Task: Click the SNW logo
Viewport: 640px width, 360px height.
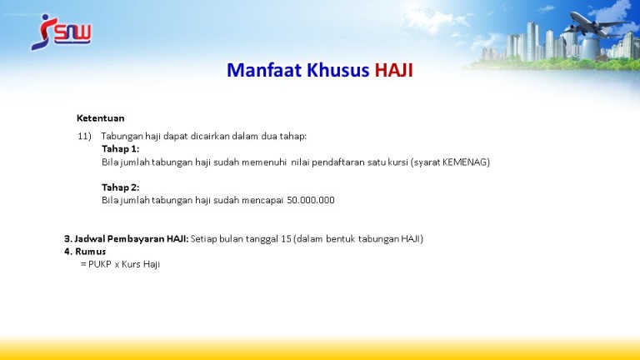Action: pyautogui.click(x=61, y=32)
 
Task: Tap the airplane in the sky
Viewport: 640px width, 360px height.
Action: pyautogui.click(x=597, y=24)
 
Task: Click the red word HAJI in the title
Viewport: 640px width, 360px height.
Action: pyautogui.click(x=394, y=70)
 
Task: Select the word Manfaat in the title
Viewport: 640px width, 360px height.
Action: pyautogui.click(x=264, y=70)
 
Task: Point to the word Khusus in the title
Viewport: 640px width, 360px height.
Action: pyautogui.click(x=338, y=70)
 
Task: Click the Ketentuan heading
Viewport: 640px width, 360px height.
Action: pyautogui.click(x=100, y=118)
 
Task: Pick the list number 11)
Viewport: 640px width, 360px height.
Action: pyautogui.click(x=84, y=137)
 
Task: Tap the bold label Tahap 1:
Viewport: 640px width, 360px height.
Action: pyautogui.click(x=120, y=148)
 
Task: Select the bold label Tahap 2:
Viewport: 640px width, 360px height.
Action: pyautogui.click(x=120, y=187)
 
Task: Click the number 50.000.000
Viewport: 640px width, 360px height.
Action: pyautogui.click(x=311, y=200)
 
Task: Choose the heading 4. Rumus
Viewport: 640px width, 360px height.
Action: pyautogui.click(x=85, y=252)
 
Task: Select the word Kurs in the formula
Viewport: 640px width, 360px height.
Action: pyautogui.click(x=131, y=264)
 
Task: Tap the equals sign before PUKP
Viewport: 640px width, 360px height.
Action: pyautogui.click(x=83, y=264)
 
